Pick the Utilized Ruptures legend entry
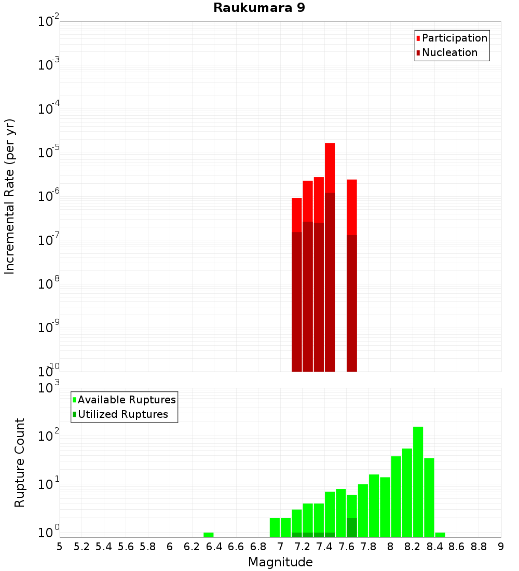122,414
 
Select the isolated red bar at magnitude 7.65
352,275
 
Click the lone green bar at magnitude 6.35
208,535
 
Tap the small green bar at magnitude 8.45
440,535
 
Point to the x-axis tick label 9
500,547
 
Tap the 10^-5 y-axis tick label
49,153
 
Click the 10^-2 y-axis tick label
49,22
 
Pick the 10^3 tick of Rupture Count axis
49,388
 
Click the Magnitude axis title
280,562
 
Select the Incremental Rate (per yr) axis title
10,196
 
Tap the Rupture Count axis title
20,462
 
